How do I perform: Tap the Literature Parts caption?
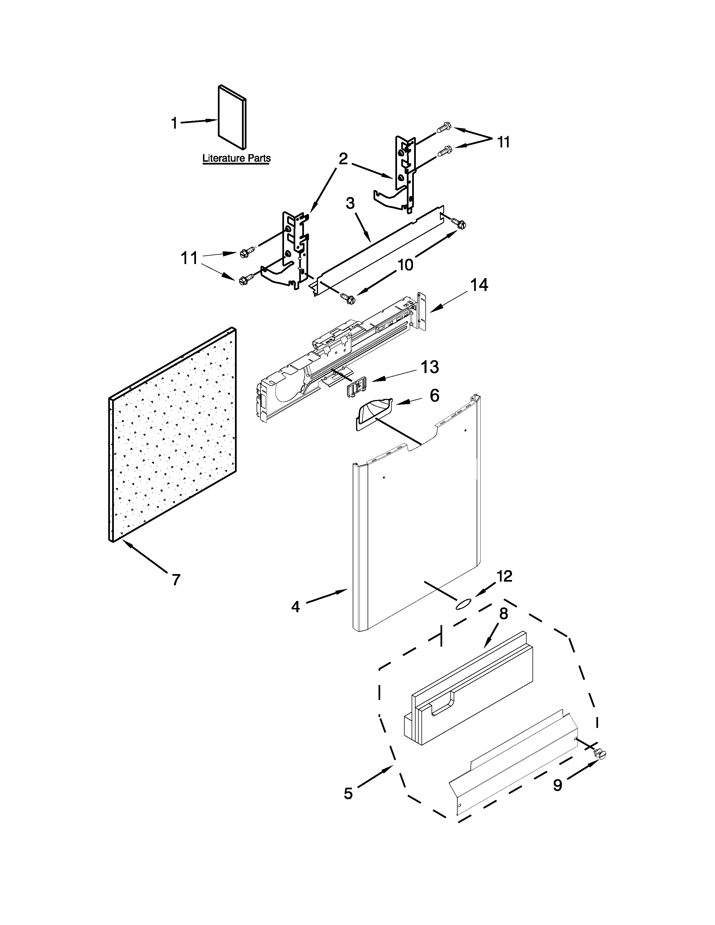point(236,158)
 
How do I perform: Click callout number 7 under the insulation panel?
point(176,579)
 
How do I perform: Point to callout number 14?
point(479,285)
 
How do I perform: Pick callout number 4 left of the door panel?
point(295,607)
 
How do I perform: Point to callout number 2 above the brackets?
point(343,159)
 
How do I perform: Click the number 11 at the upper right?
point(503,142)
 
